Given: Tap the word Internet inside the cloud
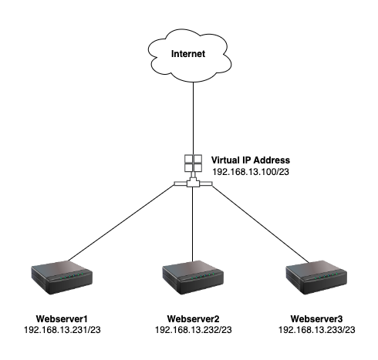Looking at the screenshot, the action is pyautogui.click(x=188, y=54).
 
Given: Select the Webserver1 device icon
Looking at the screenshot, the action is pyautogui.click(x=62, y=278).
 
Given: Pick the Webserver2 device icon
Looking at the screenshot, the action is pyautogui.click(x=193, y=278).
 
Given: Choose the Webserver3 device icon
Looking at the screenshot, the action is pyautogui.click(x=316, y=278).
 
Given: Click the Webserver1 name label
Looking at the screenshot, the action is pyautogui.click(x=62, y=319).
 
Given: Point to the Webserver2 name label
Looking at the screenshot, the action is pyautogui.click(x=193, y=319).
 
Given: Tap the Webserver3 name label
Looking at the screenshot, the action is pyautogui.click(x=316, y=319).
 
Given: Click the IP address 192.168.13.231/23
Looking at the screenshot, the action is pyautogui.click(x=62, y=330).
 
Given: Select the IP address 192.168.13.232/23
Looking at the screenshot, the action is pyautogui.click(x=194, y=330).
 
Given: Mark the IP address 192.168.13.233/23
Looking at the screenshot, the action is pyautogui.click(x=317, y=330).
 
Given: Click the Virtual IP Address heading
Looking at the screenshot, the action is pyautogui.click(x=251, y=160).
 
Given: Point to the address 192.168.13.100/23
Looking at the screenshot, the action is pyautogui.click(x=251, y=172).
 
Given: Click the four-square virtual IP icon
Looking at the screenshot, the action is pyautogui.click(x=193, y=163).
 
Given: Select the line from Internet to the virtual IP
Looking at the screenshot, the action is pyautogui.click(x=193, y=118).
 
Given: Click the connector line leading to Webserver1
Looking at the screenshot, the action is pyautogui.click(x=122, y=223).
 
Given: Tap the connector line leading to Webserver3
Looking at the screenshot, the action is pyautogui.click(x=260, y=224).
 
